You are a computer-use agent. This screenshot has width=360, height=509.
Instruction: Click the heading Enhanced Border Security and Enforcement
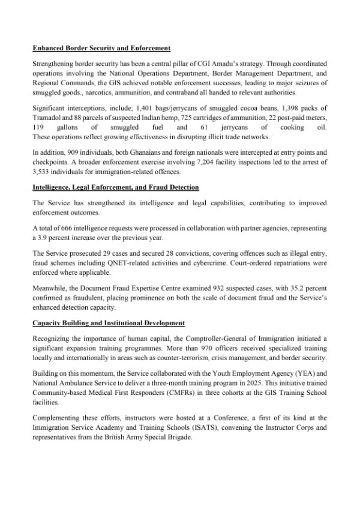101,48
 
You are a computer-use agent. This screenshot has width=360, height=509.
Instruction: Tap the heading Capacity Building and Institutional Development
109,324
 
